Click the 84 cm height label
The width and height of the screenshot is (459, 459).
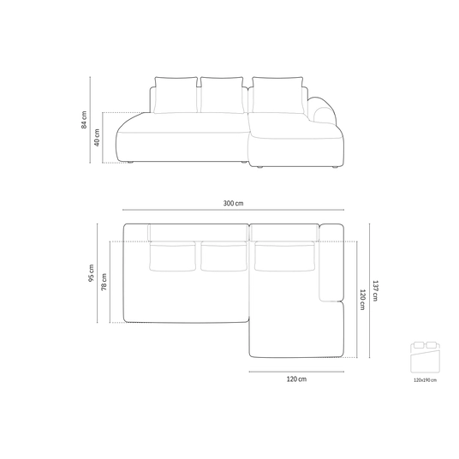tap(84, 120)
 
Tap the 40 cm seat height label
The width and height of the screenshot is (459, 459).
tap(97, 137)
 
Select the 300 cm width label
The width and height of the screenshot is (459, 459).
tap(233, 203)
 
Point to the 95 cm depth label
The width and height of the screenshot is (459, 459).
tap(91, 273)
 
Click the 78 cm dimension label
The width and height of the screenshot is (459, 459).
tap(104, 282)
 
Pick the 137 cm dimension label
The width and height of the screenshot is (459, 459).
tap(375, 290)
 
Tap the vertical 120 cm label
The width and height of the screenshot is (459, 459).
tap(362, 300)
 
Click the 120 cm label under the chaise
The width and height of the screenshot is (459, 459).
tap(296, 379)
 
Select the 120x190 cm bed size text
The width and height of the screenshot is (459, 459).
tap(425, 380)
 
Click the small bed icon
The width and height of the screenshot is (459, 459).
tap(425, 357)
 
